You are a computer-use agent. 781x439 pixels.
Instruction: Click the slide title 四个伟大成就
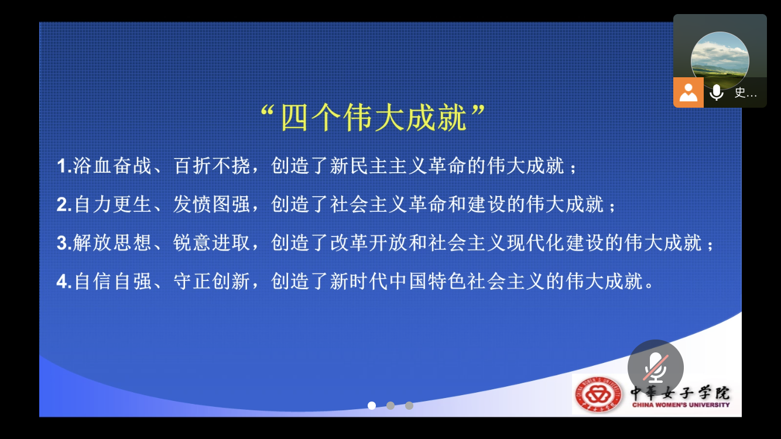pos(374,118)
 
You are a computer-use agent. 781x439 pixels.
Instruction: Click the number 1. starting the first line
pos(64,166)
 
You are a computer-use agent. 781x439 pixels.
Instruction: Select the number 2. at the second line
pos(64,205)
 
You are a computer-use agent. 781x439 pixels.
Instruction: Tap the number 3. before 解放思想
pos(64,243)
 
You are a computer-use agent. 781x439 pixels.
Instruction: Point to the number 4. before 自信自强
pos(64,282)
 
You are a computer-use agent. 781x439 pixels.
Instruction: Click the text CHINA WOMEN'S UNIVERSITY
pos(680,404)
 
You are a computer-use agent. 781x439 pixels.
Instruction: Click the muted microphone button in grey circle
pos(655,368)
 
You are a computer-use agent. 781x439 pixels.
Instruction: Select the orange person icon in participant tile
pos(688,92)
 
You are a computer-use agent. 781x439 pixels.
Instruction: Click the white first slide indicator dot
pos(372,406)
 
